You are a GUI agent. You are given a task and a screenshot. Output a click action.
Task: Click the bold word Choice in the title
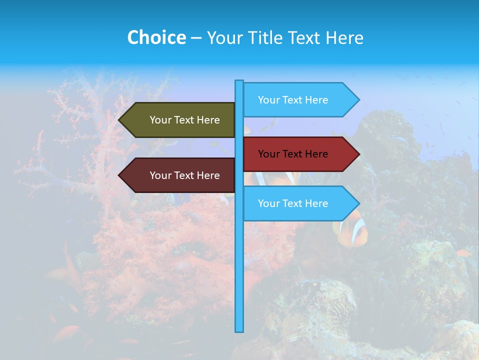point(156,37)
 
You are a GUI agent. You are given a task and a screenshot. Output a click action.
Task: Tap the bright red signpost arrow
point(299,154)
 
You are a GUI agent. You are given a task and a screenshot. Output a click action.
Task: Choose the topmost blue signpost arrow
point(299,100)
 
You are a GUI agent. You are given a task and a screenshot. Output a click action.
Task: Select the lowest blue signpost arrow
point(299,203)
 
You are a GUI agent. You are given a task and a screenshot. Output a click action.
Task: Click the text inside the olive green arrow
point(185,120)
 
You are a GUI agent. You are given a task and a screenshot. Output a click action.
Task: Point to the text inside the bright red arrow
point(293,154)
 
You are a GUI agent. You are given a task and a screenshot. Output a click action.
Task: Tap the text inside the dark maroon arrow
point(185,175)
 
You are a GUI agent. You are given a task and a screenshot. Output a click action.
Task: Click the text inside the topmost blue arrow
point(293,100)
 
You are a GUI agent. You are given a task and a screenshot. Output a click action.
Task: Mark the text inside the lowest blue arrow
point(293,203)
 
